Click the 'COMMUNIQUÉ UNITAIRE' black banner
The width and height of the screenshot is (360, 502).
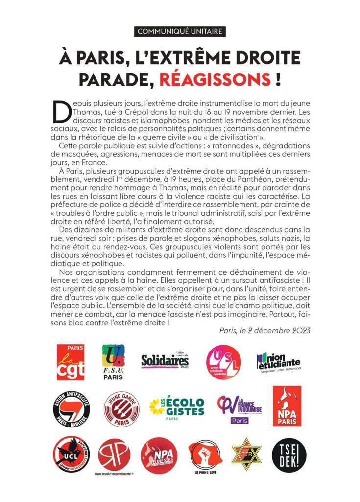click(180, 32)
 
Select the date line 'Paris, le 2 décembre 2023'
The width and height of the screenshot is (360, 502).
click(264, 330)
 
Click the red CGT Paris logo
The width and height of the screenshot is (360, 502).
click(71, 362)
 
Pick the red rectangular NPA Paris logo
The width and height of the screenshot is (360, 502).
click(287, 405)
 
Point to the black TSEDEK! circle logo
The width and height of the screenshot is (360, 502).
click(288, 455)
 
